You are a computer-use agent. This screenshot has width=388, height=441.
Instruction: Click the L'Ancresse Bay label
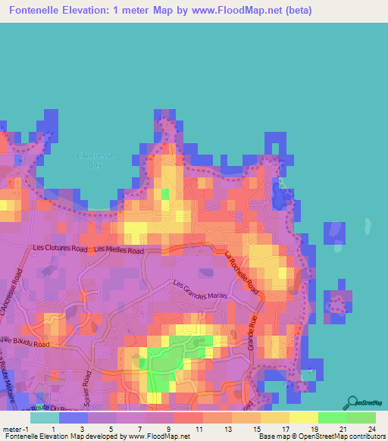point(95,160)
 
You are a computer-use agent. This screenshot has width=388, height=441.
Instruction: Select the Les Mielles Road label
point(118,249)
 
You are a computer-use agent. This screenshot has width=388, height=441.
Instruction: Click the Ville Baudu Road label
point(26,344)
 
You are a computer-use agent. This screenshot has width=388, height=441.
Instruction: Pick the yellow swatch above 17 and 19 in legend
point(304,418)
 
